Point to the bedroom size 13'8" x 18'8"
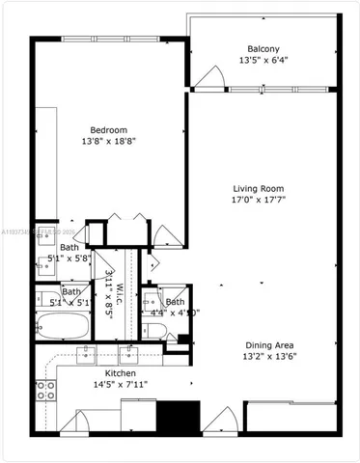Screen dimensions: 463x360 click(108, 142)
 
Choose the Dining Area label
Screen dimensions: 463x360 click(269, 345)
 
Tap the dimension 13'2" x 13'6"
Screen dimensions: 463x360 click(269, 358)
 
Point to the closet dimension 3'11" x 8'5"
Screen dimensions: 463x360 click(109, 286)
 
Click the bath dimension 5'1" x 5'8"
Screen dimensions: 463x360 click(69, 259)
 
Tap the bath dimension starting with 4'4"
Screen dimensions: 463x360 click(175, 312)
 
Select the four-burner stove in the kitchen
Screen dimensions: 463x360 click(44, 390)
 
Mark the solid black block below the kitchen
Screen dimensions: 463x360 click(176, 418)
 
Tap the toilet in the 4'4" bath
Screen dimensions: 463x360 click(155, 331)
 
